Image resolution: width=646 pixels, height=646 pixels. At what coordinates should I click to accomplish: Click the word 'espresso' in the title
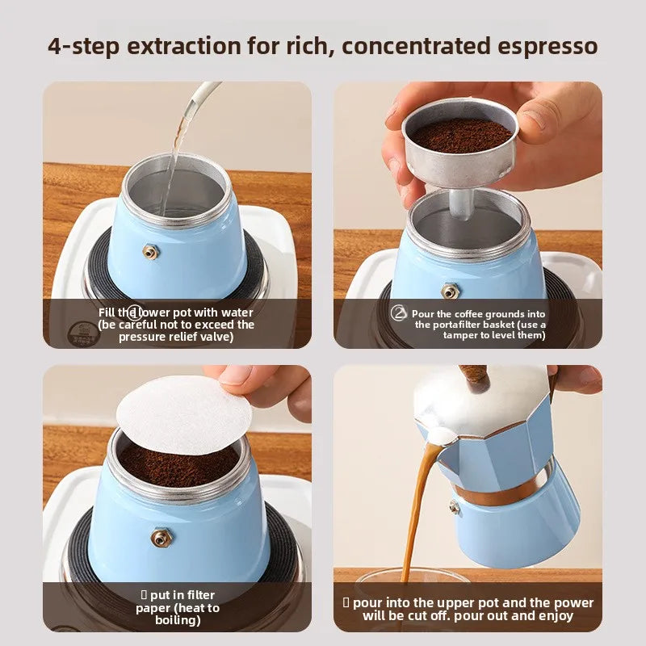tap(547, 46)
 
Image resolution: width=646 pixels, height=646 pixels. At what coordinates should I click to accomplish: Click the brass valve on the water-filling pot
tap(150, 251)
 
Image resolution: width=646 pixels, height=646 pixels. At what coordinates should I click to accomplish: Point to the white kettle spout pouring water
tap(202, 98)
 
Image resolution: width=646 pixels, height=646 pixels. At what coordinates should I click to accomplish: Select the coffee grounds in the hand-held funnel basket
tap(461, 136)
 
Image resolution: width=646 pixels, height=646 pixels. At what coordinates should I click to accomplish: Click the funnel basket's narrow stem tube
tap(459, 204)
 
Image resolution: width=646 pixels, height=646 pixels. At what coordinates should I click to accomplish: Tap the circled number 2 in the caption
tap(398, 313)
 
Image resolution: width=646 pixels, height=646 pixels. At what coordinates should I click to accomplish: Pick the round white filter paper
tap(184, 415)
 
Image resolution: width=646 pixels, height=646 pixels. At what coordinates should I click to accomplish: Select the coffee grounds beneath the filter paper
tap(179, 465)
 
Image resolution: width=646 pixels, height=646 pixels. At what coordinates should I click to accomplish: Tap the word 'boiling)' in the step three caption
tap(178, 620)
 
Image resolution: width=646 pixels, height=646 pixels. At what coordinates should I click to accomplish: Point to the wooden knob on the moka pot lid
tap(475, 377)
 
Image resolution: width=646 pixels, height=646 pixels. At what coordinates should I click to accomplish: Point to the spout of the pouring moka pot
tap(438, 437)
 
